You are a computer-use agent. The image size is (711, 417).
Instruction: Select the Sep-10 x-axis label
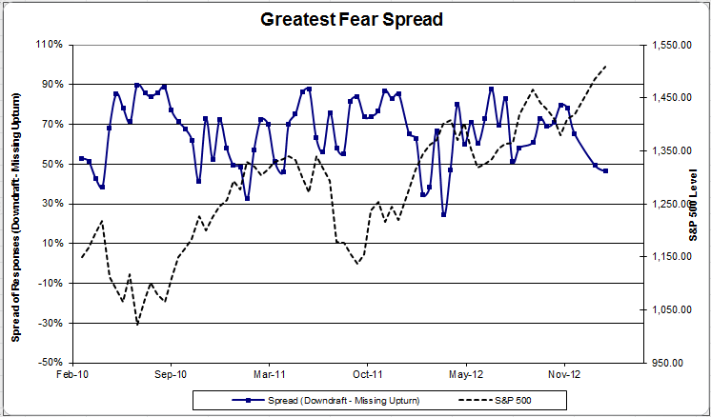pos(170,376)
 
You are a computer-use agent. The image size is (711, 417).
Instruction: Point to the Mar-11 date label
pos(268,376)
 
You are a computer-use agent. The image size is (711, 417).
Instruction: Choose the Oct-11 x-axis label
pos(367,376)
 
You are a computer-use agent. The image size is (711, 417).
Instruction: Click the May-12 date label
pos(466,376)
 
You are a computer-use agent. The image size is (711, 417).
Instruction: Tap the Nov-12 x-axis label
pos(564,376)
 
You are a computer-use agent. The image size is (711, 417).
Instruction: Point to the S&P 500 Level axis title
pos(695,203)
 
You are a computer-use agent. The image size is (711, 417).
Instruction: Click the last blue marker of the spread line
pos(606,170)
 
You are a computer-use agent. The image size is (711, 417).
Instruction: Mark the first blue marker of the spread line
pos(81,158)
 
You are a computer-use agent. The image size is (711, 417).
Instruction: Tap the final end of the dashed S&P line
pos(606,67)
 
